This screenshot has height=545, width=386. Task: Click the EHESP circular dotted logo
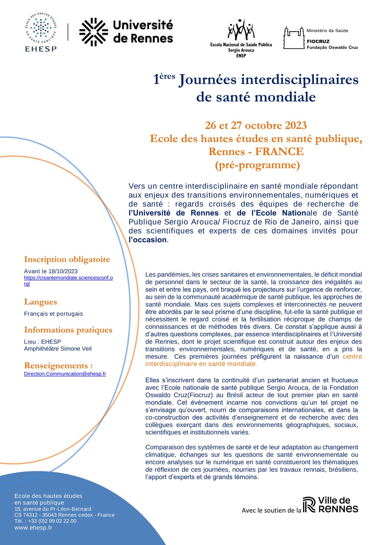41,29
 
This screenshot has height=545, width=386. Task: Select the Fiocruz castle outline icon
294,38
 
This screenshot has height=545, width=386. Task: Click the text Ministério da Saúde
327,31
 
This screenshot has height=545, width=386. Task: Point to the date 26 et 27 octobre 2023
256,125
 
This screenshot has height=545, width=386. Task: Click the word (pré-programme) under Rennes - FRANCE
257,165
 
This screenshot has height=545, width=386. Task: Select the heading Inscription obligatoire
67,259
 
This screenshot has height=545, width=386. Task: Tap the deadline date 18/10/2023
63,271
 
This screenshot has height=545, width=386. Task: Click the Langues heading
40,302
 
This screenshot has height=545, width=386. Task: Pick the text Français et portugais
53,314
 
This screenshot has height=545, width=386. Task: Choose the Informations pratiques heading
68,330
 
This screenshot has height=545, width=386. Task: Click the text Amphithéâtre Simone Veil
58,349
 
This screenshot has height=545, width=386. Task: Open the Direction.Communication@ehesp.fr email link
65,374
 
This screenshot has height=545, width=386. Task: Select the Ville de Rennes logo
330,505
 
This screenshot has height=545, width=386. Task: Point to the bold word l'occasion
148,240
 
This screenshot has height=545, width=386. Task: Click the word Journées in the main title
208,80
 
